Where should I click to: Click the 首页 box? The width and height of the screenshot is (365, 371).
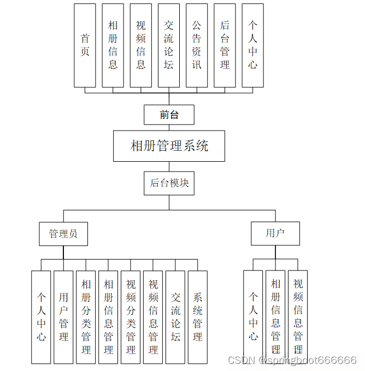tap(85, 45)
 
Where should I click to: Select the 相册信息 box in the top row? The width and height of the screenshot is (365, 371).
tap(113, 45)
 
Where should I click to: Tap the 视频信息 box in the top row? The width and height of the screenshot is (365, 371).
tap(141, 45)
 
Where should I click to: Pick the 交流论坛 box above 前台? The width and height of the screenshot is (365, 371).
tap(169, 45)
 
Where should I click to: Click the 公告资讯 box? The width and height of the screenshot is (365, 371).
tap(197, 45)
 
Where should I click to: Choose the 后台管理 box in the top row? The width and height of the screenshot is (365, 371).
tap(225, 45)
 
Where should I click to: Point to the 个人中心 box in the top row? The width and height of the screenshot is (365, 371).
tap(252, 45)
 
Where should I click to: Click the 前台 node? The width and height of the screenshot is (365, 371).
tap(169, 115)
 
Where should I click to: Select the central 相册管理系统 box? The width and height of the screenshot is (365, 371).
tap(169, 146)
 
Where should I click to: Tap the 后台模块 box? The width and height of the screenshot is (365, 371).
tap(169, 182)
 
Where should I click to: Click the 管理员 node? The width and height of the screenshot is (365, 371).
tap(63, 234)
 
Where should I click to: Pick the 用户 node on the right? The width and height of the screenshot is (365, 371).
tap(275, 233)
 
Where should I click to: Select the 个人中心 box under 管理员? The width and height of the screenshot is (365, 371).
tap(41, 317)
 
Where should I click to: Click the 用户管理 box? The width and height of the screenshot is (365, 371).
tap(63, 317)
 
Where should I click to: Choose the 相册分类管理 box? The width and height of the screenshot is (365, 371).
tap(86, 317)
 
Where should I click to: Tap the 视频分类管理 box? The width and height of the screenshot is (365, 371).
tap(131, 317)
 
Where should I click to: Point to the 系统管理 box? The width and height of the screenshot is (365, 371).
tap(198, 317)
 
